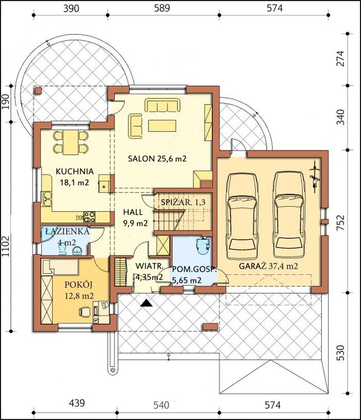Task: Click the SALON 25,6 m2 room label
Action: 157,158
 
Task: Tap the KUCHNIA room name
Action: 75,171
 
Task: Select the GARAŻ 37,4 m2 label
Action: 268,266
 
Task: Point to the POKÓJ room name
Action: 78,284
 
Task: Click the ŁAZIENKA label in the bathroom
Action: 67,231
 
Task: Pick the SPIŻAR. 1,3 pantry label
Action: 183,202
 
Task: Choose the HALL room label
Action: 133,212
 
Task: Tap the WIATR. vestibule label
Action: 149,266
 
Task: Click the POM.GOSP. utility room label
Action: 194,269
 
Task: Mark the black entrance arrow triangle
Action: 146,302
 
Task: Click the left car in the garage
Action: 242,216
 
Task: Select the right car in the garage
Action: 289,216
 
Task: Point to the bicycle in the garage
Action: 314,176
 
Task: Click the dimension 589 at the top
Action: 162,8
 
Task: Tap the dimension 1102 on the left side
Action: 6,246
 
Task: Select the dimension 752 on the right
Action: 340,222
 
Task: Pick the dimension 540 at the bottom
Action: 161,404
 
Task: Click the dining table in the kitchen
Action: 71,142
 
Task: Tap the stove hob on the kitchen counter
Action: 89,217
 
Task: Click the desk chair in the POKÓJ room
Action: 84,312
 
